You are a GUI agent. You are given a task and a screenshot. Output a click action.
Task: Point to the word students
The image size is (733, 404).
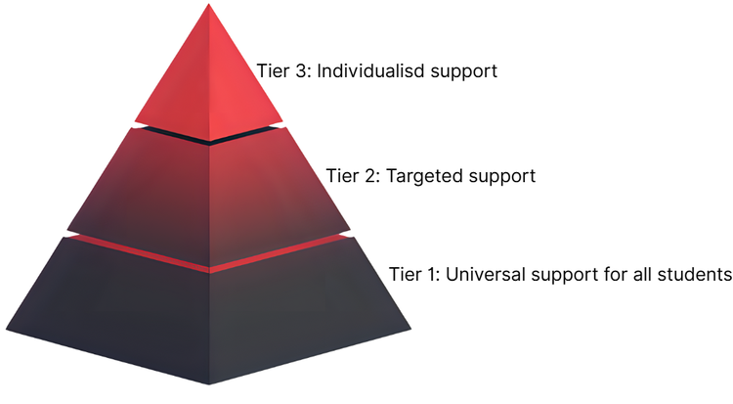(x=696, y=273)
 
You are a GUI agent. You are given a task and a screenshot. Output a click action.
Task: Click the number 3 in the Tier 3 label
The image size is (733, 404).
(x=298, y=70)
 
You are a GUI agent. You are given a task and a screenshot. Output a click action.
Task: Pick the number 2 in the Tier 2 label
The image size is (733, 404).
(x=366, y=177)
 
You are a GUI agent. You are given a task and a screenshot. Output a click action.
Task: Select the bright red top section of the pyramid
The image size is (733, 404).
(x=209, y=88)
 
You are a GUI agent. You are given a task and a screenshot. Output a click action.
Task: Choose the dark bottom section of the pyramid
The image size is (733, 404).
(x=209, y=313)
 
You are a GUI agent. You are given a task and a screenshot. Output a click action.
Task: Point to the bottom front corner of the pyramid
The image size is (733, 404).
(x=209, y=383)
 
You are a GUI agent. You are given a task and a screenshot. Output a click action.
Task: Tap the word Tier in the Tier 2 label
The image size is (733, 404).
(x=338, y=177)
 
